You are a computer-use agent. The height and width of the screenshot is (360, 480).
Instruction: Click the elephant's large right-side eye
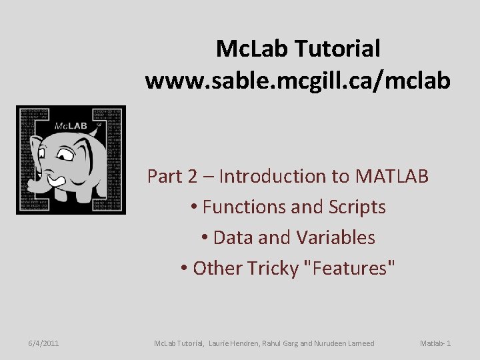pos(65,155)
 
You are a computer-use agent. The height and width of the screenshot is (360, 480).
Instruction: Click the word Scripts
pos(353,207)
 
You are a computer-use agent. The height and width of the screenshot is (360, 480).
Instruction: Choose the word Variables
pos(337,237)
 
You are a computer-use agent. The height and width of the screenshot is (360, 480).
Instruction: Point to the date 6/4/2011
pos(43,343)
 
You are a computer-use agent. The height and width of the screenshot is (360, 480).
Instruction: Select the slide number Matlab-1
pos(435,343)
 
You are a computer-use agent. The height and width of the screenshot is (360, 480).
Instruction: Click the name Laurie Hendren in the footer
pos(235,343)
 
